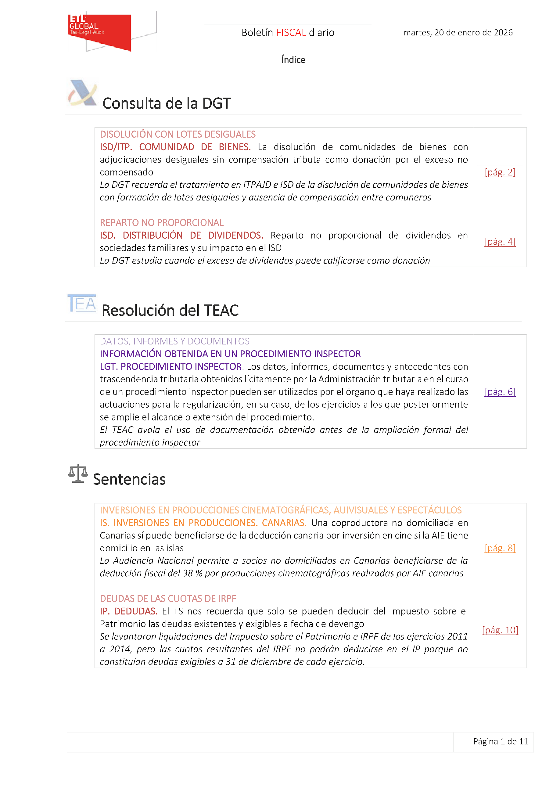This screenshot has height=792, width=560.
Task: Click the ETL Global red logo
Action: [99, 31]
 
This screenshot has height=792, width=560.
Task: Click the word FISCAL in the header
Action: [291, 32]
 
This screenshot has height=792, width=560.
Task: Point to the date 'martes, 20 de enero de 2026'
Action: [458, 32]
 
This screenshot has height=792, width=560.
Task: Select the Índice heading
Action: [293, 60]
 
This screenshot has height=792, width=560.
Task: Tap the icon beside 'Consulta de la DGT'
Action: [82, 93]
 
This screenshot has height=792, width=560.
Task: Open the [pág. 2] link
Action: [500, 172]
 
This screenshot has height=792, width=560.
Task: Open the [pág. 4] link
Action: [500, 241]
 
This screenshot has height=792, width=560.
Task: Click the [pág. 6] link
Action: [500, 391]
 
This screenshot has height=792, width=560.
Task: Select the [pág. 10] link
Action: [500, 630]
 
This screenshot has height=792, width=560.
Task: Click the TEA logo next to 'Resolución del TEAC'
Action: [82, 304]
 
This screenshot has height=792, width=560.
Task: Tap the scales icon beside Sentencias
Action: [78, 473]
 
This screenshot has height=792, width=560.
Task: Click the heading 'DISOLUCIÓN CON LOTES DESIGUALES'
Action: [178, 134]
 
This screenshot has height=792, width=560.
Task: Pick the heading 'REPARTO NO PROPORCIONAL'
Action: [161, 222]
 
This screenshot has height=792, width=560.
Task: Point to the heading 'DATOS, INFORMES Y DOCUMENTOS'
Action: [174, 341]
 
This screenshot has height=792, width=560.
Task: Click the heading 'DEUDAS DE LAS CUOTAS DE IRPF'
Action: [168, 599]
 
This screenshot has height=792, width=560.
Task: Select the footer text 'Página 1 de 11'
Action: [500, 741]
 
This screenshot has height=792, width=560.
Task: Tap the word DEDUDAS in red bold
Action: [136, 611]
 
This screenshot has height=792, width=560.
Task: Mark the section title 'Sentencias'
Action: [129, 479]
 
